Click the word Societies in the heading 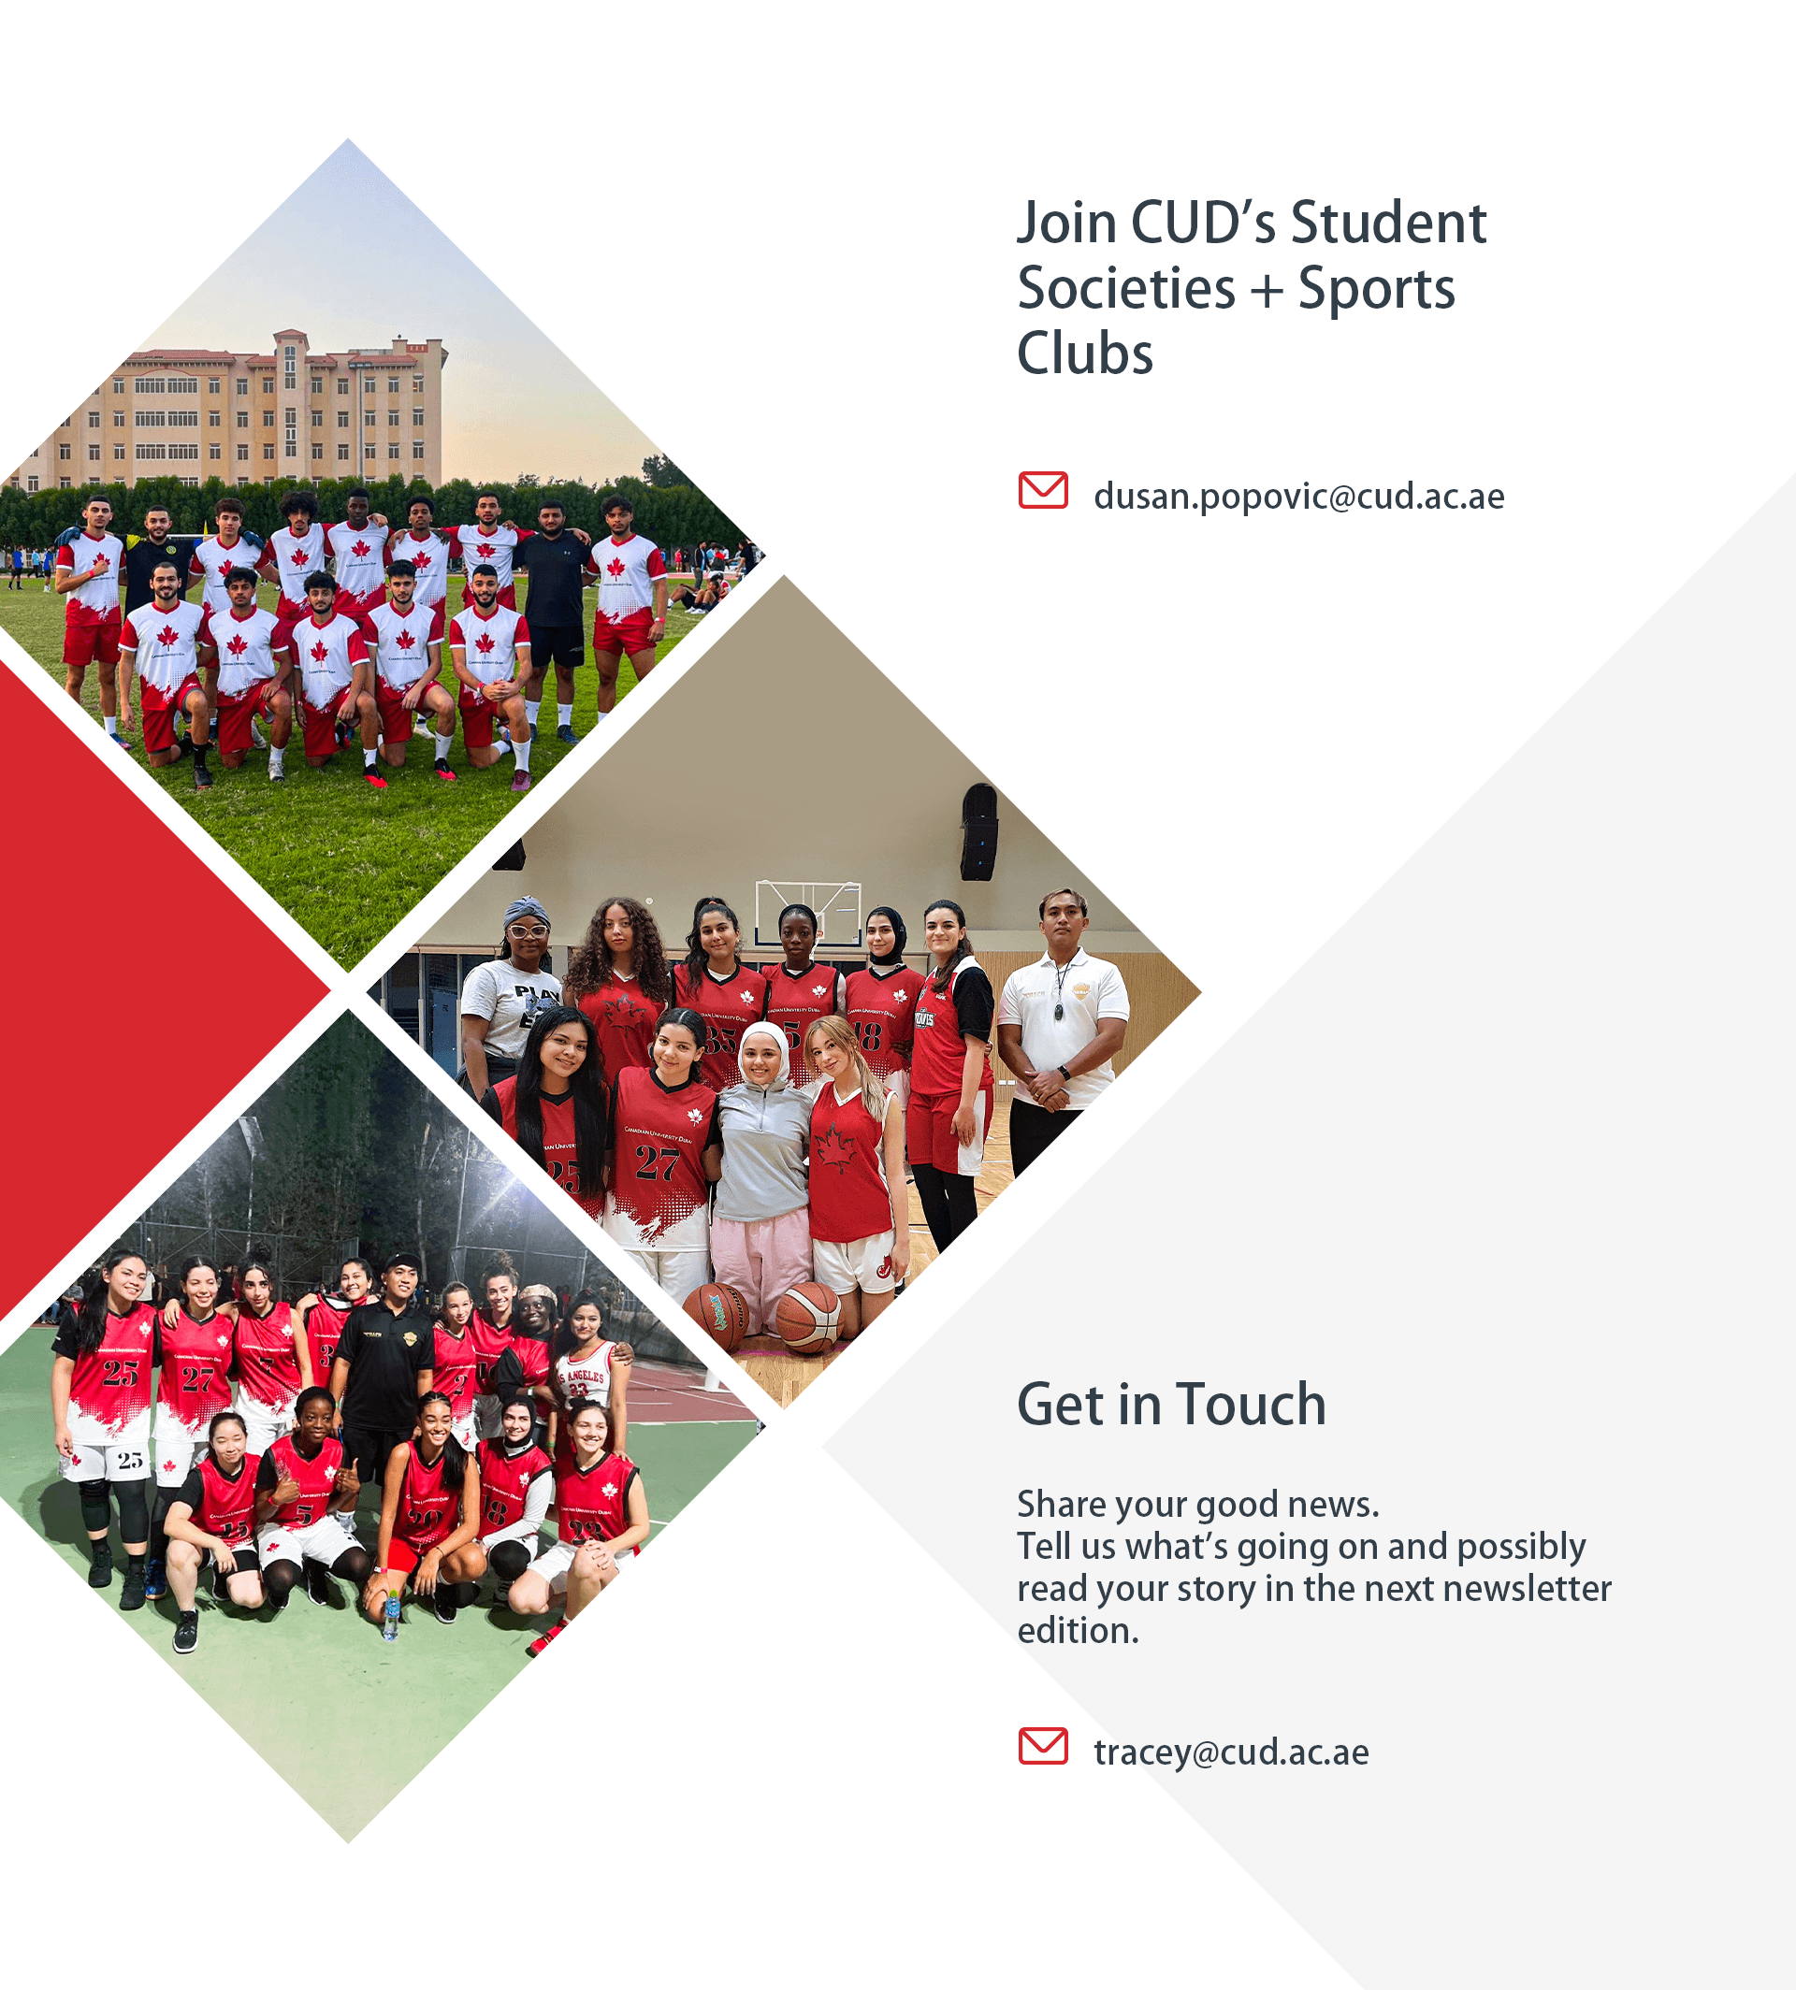(x=1126, y=288)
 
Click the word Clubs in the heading (x=1084, y=353)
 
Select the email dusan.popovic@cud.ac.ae (x=1298, y=496)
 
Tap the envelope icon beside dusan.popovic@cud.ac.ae (x=1043, y=490)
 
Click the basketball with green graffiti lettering (x=717, y=1315)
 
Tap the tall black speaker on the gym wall (x=979, y=830)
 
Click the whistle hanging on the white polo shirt (x=1058, y=1011)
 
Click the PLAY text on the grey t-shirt (x=536, y=992)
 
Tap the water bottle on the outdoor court (x=392, y=1615)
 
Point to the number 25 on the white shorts (x=130, y=1460)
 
